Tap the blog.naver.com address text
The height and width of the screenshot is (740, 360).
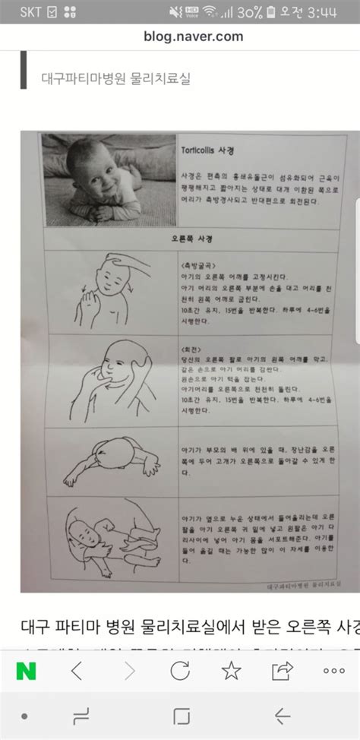tap(193, 36)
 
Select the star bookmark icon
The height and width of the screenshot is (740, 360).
tap(231, 650)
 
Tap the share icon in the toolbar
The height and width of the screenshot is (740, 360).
tap(283, 650)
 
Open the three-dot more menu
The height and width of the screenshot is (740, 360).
tap(333, 650)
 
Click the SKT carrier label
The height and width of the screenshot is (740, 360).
tap(30, 11)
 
